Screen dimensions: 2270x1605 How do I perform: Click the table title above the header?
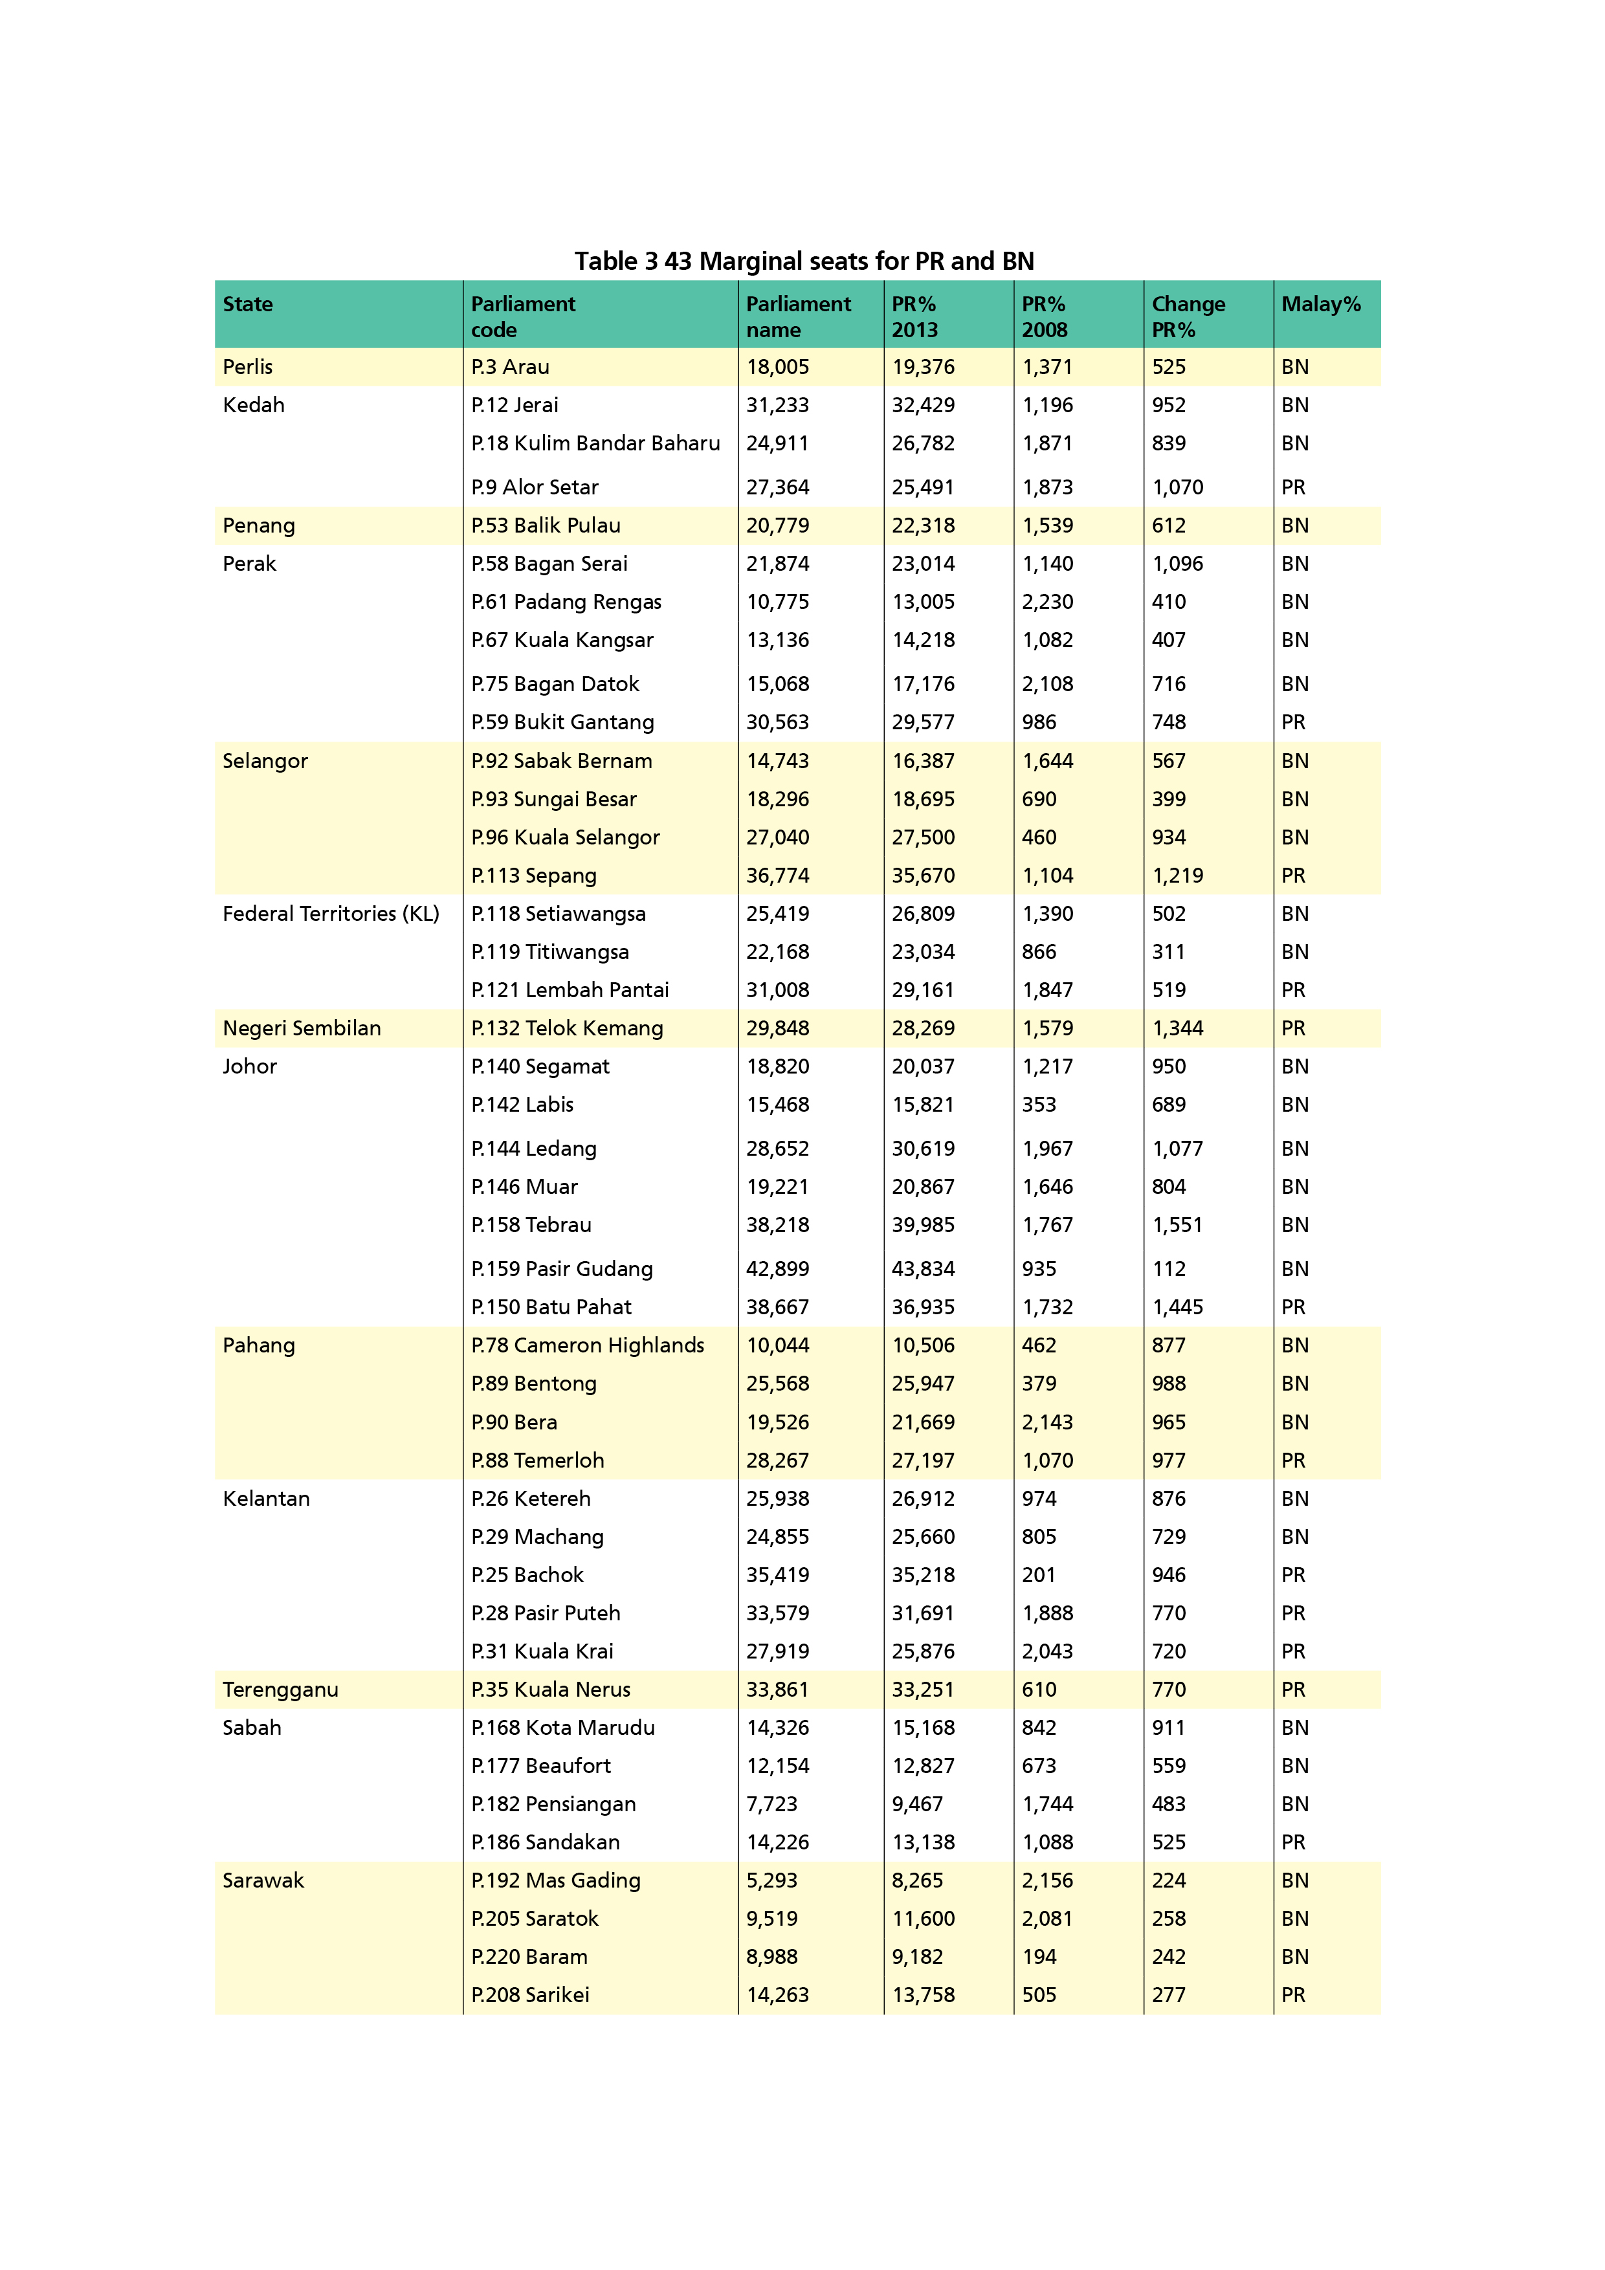pyautogui.click(x=803, y=261)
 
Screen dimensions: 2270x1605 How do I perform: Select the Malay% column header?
pyautogui.click(x=1320, y=305)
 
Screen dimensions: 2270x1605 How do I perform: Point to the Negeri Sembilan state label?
pyautogui.click(x=302, y=1028)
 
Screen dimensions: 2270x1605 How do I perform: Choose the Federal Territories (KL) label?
pyautogui.click(x=330, y=914)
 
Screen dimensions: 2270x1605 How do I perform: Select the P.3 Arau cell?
pyautogui.click(x=510, y=367)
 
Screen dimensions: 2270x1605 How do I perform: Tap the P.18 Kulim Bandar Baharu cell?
pyautogui.click(x=595, y=443)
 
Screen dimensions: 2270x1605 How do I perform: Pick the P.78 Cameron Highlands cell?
pyautogui.click(x=588, y=1345)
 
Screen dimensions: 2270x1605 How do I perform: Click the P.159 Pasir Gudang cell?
pyautogui.click(x=562, y=1268)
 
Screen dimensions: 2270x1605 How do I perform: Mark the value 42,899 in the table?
pyautogui.click(x=777, y=1268)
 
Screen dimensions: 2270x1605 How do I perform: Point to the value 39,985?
pyautogui.click(x=923, y=1225)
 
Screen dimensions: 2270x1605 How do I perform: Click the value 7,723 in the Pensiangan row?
pyautogui.click(x=771, y=1804)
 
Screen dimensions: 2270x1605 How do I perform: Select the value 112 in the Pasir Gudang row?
pyautogui.click(x=1168, y=1268)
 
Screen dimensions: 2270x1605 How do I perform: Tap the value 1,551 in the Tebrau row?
pyautogui.click(x=1177, y=1225)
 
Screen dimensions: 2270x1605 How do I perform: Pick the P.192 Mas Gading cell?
pyautogui.click(x=556, y=1880)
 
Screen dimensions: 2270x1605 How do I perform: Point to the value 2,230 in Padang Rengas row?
pyautogui.click(x=1047, y=602)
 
